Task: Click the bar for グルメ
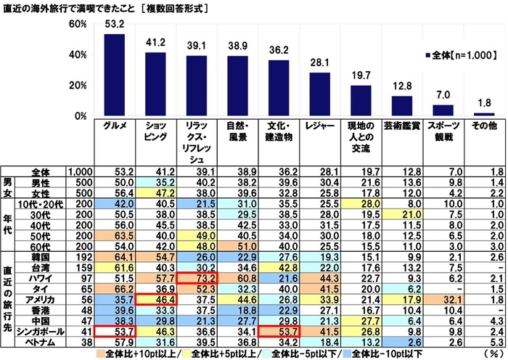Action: pos(118,75)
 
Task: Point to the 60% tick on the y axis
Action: pos(78,24)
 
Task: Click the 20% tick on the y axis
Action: pos(78,86)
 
